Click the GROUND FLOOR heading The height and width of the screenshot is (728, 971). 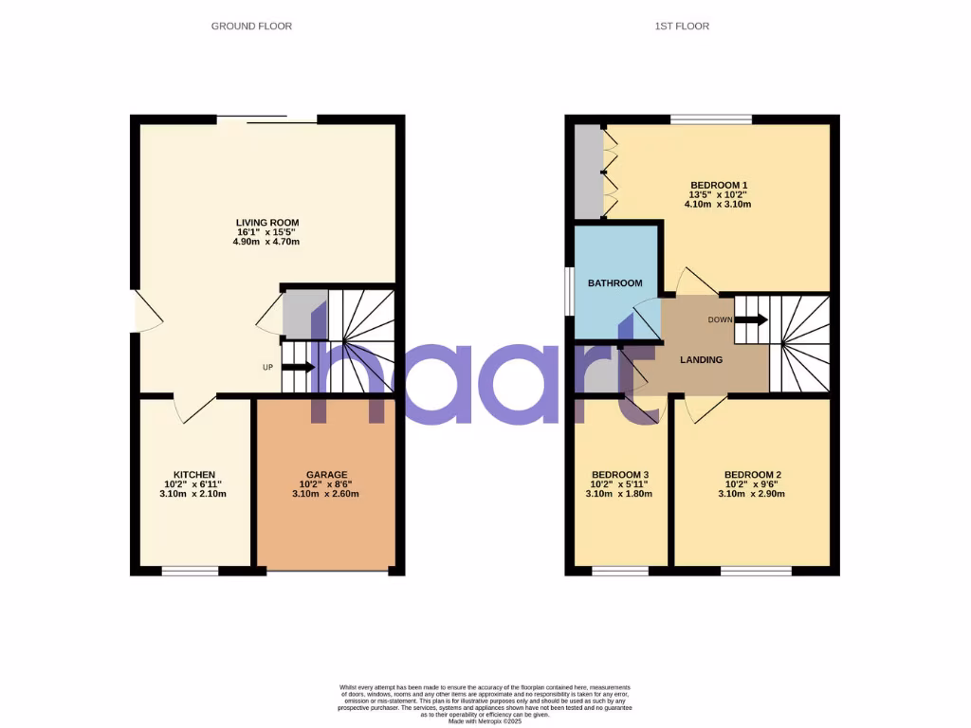click(x=251, y=27)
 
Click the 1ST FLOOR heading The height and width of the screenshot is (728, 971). click(x=682, y=27)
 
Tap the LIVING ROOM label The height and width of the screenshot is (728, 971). click(x=266, y=224)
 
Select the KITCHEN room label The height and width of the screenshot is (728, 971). click(x=194, y=475)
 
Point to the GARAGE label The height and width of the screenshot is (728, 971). click(x=326, y=475)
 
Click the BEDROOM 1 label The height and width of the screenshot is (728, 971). click(x=719, y=185)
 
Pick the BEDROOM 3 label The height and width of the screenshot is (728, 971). click(x=620, y=475)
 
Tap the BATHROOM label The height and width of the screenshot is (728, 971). click(x=614, y=283)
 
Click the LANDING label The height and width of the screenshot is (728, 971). click(x=702, y=360)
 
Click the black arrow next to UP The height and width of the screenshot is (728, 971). click(x=298, y=367)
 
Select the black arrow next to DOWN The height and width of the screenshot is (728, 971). click(x=751, y=319)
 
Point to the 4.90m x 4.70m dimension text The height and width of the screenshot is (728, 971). click(x=266, y=242)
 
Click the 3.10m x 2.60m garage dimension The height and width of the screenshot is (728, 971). click(x=326, y=494)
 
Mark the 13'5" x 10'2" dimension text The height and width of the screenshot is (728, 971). click(x=719, y=195)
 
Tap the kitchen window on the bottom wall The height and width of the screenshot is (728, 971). click(x=190, y=571)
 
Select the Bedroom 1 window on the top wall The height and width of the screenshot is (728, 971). click(x=711, y=119)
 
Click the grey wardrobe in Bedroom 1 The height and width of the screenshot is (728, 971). click(x=588, y=171)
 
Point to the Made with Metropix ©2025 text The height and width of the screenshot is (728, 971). click(x=485, y=721)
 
